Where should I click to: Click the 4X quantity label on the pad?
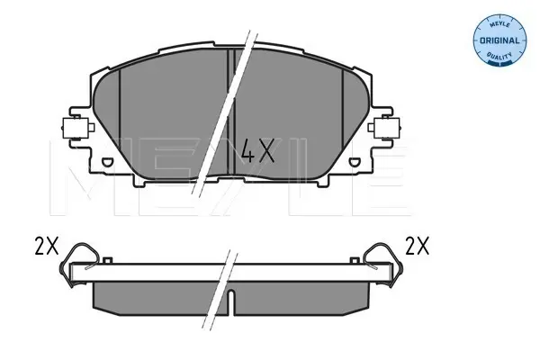(258, 151)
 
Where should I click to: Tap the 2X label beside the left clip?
(47, 246)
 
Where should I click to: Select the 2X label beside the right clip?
(417, 246)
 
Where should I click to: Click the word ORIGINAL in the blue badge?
(499, 40)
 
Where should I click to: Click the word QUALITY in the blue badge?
(499, 55)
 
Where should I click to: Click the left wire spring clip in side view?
(78, 264)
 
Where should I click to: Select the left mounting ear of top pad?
(77, 128)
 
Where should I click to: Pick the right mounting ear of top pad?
(384, 128)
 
